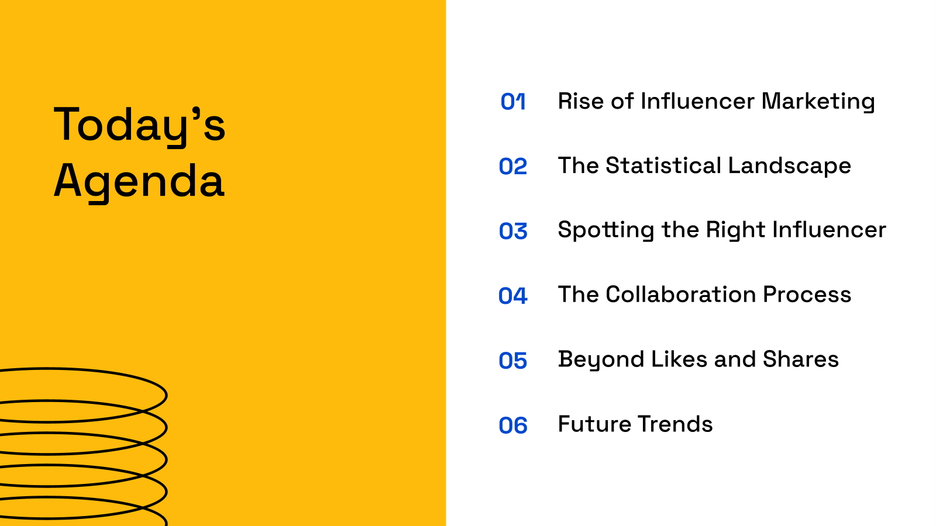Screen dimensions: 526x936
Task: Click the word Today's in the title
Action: (139, 124)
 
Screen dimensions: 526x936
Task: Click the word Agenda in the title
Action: (139, 181)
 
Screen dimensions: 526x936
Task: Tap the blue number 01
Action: (513, 102)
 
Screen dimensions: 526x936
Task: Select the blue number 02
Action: (513, 167)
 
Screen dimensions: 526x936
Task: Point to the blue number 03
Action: (513, 231)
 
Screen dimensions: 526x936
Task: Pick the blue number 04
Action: (513, 296)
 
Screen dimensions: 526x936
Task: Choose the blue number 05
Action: (513, 361)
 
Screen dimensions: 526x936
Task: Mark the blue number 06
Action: (513, 425)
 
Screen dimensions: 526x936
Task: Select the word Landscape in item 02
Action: (789, 166)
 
